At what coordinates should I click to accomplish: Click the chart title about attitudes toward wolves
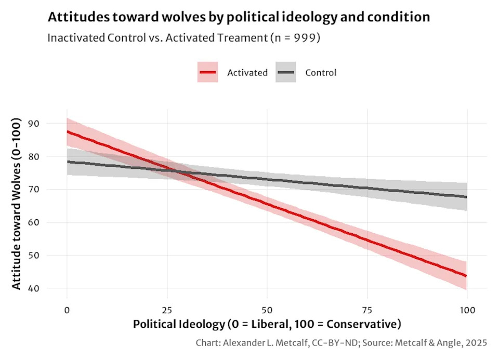click(239, 17)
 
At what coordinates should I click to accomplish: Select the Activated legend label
click(247, 73)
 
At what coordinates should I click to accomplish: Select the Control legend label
click(321, 73)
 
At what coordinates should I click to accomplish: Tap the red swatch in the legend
click(207, 72)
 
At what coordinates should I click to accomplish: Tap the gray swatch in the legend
click(285, 72)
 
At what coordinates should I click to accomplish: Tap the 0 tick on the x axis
click(67, 310)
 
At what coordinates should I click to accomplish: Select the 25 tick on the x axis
click(166, 310)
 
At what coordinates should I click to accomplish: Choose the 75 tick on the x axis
click(367, 310)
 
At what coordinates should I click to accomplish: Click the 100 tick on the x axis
click(467, 310)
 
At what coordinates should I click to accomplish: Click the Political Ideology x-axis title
click(267, 325)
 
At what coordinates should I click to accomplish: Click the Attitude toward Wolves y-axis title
click(17, 204)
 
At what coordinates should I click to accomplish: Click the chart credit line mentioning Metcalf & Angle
click(341, 343)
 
